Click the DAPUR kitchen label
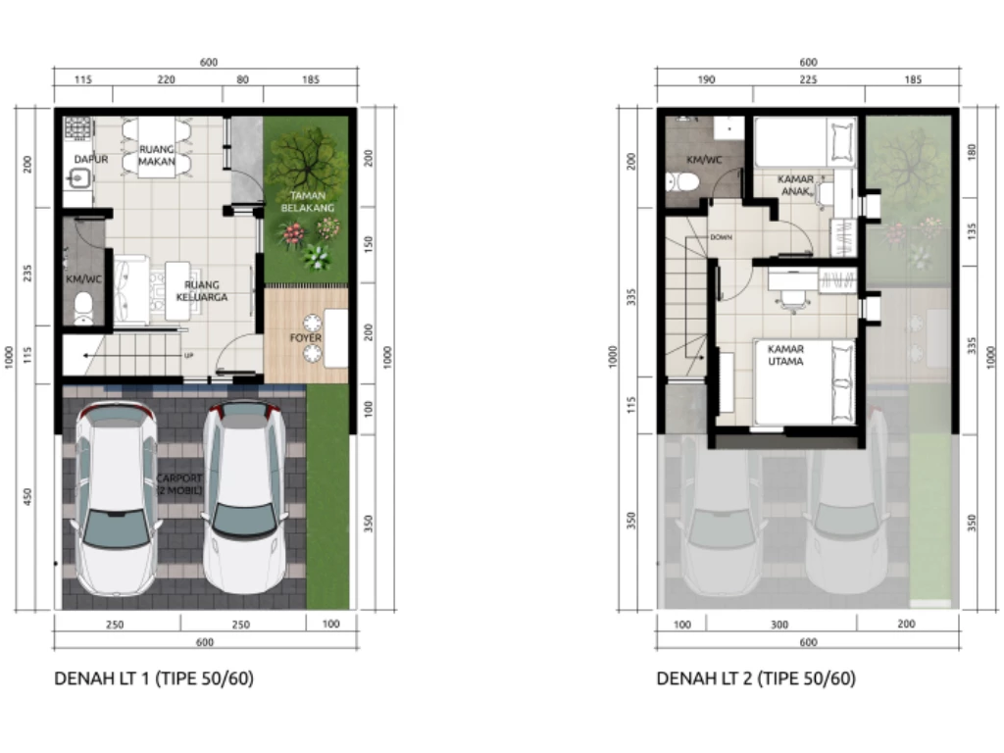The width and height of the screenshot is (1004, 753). [91, 159]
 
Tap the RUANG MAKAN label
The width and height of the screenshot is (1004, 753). [157, 155]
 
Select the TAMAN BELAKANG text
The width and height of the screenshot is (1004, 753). [307, 202]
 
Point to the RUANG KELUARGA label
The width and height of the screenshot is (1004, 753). [202, 290]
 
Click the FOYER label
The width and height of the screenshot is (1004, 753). [306, 337]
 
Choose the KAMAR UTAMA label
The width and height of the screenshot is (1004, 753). [785, 355]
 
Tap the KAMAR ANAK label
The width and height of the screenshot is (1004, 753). [795, 185]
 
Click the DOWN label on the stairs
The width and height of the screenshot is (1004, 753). [721, 237]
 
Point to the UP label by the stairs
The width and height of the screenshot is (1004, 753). [188, 355]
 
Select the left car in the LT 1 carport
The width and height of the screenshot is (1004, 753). [116, 498]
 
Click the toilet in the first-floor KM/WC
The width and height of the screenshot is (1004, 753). [84, 308]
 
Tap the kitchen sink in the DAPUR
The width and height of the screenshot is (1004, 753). [78, 177]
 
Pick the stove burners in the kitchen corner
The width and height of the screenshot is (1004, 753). [77, 128]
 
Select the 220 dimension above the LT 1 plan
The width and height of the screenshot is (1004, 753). [166, 79]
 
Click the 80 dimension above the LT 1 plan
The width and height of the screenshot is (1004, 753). [242, 79]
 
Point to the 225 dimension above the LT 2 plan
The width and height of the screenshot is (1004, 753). [808, 79]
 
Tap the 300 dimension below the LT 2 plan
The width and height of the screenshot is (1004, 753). [779, 625]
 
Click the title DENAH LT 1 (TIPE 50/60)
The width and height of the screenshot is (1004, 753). [154, 678]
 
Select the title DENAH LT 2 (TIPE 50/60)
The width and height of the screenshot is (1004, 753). [756, 678]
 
